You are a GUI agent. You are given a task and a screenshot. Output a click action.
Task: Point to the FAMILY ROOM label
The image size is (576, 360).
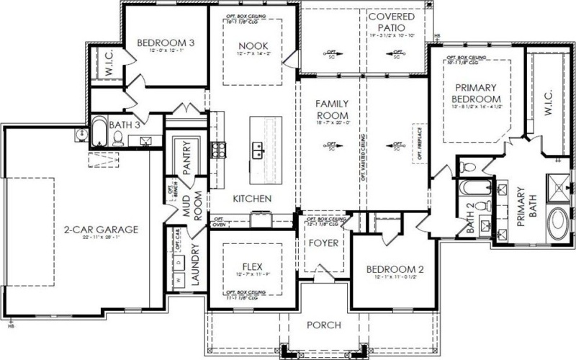[x=333, y=109]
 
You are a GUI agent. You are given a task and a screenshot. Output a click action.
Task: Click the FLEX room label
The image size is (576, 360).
[x=252, y=264]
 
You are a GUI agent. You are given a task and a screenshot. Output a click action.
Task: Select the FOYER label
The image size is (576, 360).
[x=323, y=243]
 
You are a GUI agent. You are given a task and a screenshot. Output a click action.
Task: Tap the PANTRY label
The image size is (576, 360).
[x=186, y=158]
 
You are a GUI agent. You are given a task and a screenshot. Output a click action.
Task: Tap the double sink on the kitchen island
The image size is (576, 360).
[x=256, y=149]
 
